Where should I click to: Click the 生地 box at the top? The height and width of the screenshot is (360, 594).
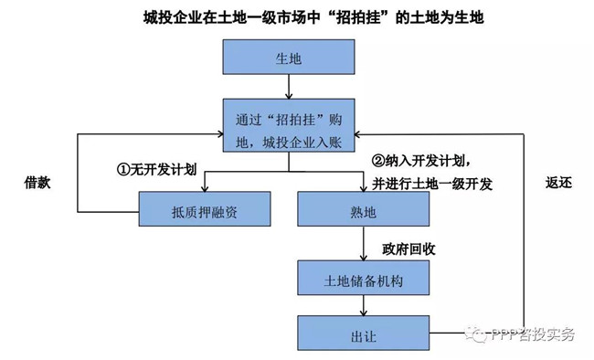289,58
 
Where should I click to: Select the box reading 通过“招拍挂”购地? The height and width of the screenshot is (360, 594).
289,127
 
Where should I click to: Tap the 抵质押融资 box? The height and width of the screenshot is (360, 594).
205,209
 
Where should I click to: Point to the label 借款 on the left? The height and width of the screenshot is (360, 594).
37,182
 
